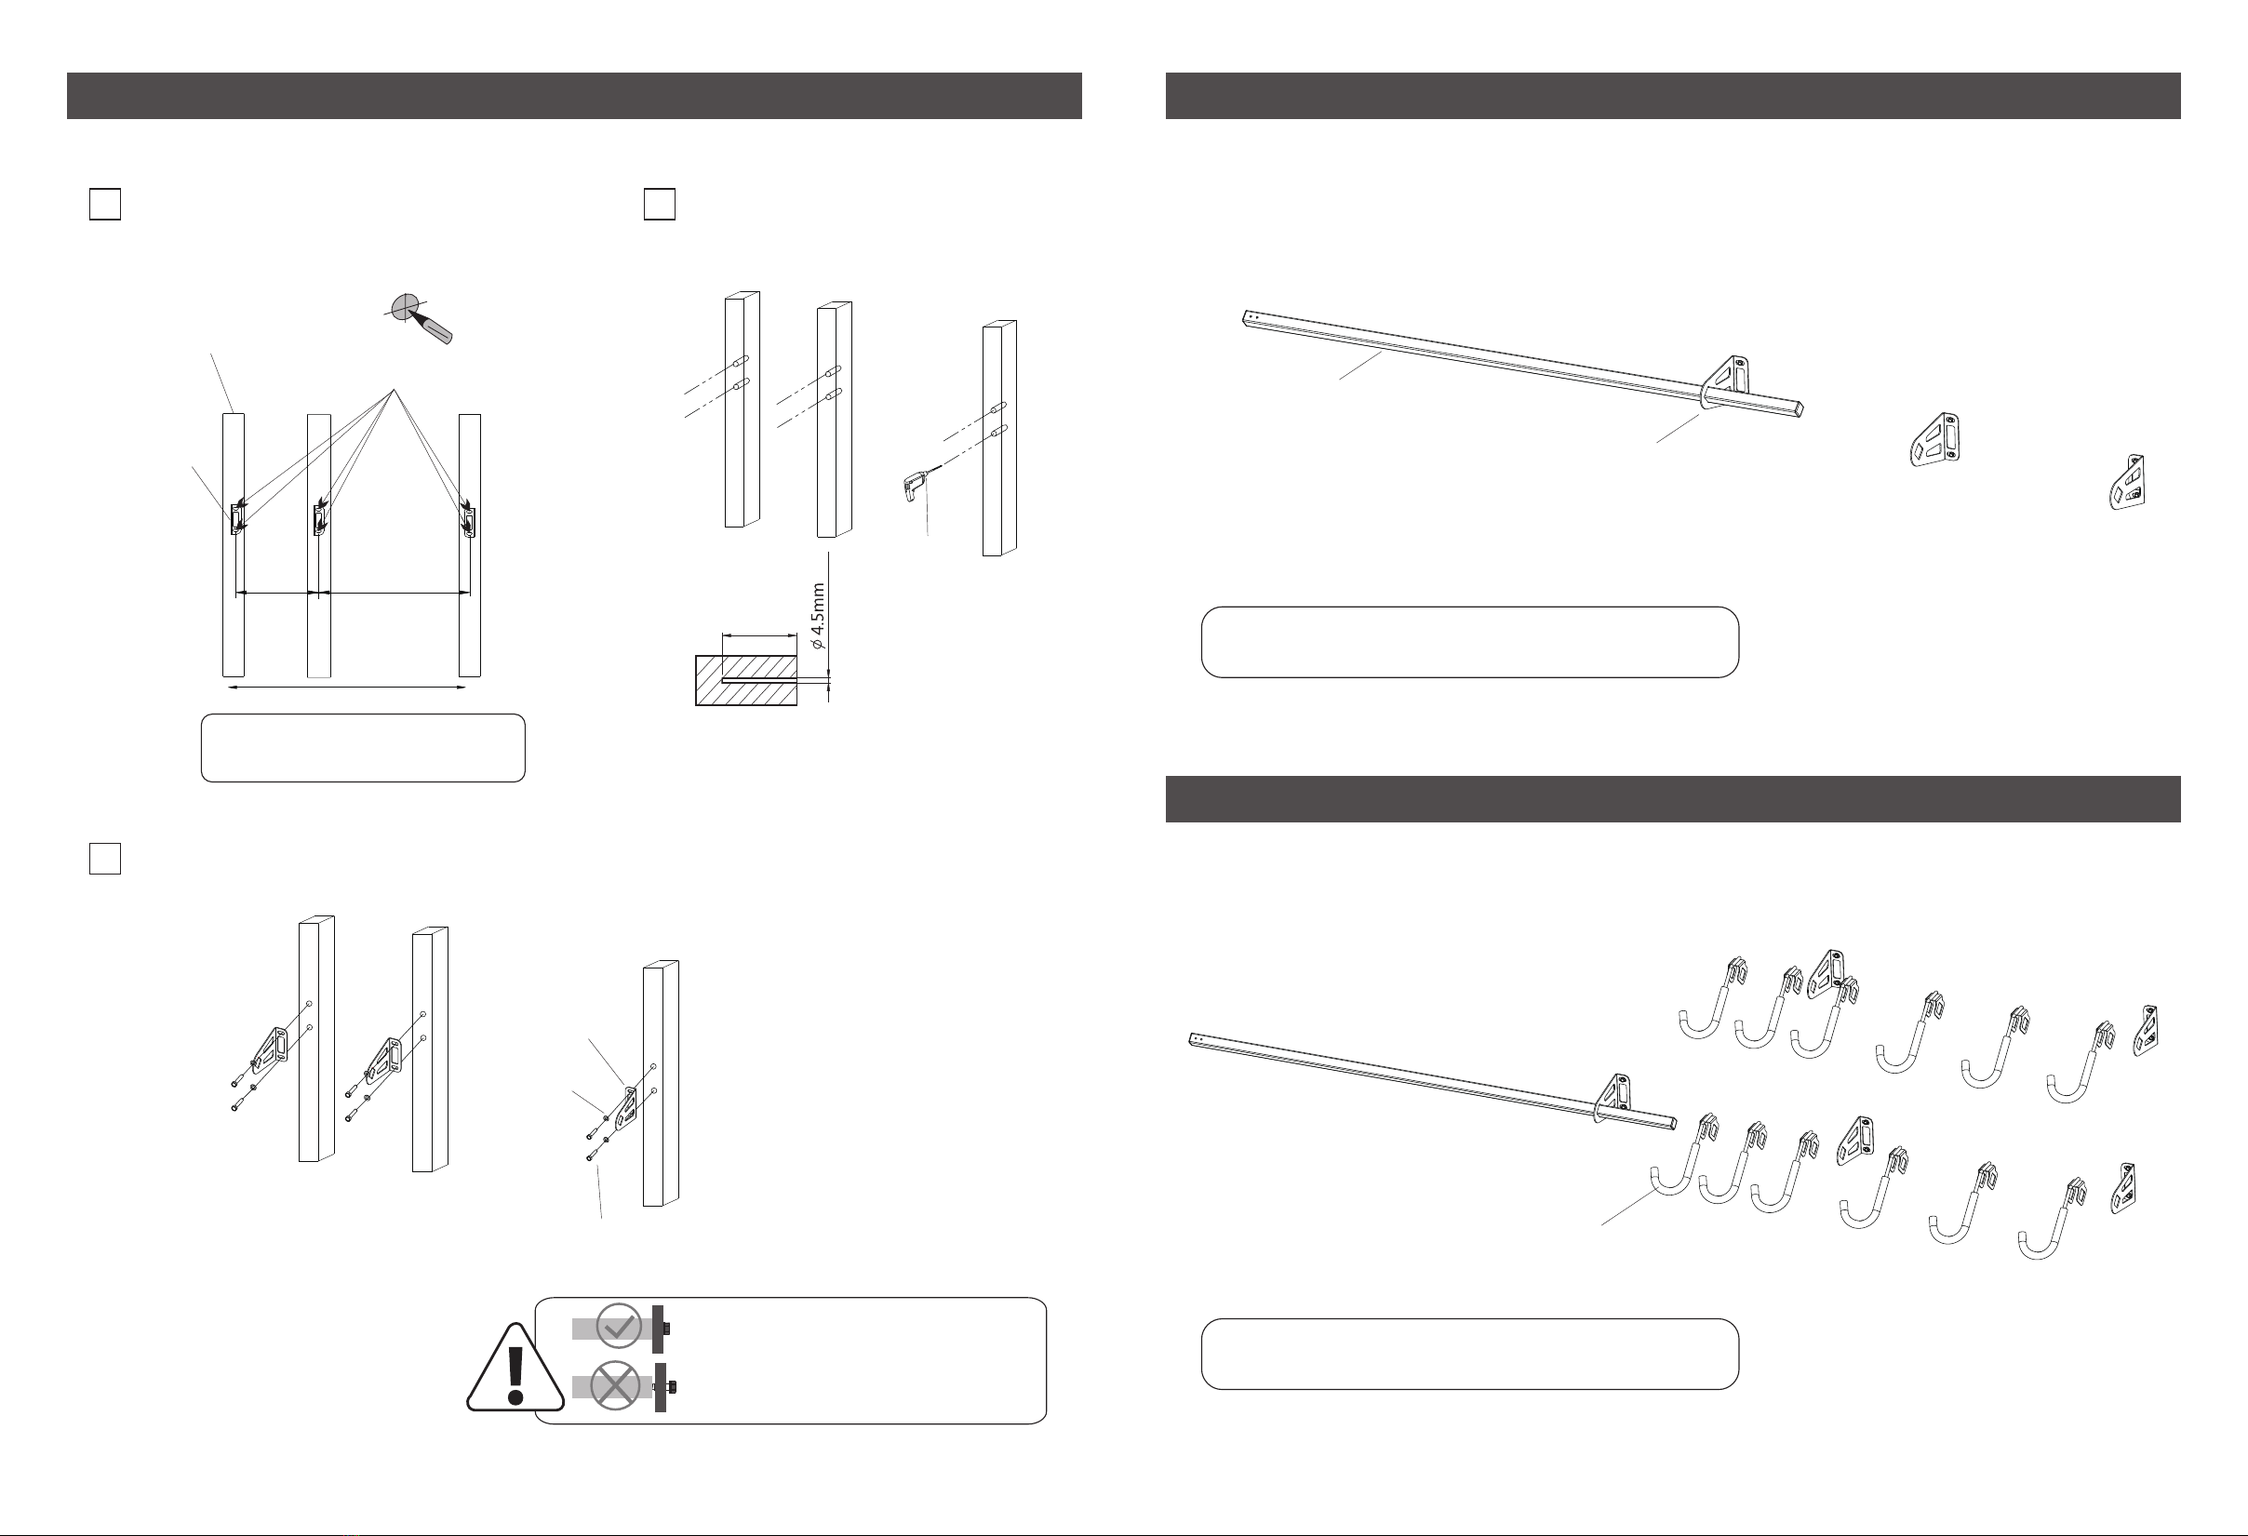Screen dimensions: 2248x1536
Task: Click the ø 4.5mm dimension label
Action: [817, 615]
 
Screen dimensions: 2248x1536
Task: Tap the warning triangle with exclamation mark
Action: [515, 1368]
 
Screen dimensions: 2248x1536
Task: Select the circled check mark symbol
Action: [618, 1327]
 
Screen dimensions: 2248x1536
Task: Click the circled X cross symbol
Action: [615, 1386]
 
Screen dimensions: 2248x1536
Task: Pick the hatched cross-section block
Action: [746, 681]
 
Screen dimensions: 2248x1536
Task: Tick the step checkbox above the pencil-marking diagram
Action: [104, 204]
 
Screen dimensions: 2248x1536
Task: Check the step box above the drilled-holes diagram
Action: [659, 204]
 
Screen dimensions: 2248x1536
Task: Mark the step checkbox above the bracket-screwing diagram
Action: [104, 859]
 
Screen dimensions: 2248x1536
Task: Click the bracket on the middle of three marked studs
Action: [318, 519]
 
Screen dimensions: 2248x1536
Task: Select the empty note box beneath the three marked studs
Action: [363, 748]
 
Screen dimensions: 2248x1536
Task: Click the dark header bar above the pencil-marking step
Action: [573, 96]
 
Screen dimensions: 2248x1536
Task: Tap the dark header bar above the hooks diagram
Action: [1672, 799]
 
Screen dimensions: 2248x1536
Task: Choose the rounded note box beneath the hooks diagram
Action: [1469, 1355]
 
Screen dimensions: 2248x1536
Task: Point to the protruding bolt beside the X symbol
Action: [663, 1387]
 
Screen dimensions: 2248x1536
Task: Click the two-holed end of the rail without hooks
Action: [1250, 316]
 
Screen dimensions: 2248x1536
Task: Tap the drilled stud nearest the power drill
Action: [999, 438]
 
